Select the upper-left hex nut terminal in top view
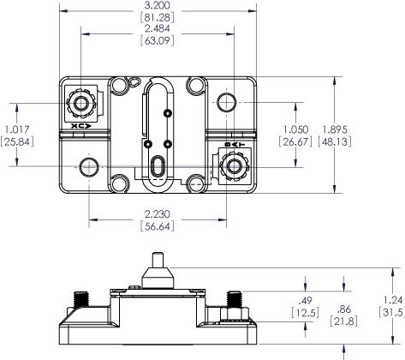coord(83,104)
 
